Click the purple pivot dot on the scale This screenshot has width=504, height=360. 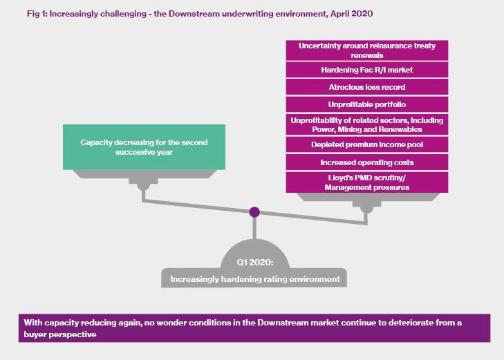click(x=254, y=212)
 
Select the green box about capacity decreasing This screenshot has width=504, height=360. click(x=144, y=147)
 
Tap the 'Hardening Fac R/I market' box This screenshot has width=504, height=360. click(x=366, y=70)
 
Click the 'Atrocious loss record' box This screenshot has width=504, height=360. click(x=366, y=87)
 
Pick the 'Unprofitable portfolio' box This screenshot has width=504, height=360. click(x=366, y=105)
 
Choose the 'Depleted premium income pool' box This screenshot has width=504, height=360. click(x=366, y=145)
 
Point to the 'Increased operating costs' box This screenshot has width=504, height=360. click(x=366, y=162)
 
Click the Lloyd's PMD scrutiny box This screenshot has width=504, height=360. click(x=366, y=182)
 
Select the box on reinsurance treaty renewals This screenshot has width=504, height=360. click(x=366, y=50)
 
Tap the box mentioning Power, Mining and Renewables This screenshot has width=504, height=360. click(x=366, y=124)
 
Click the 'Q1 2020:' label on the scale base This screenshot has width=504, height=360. click(x=255, y=263)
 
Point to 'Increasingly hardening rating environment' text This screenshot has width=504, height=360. click(x=255, y=279)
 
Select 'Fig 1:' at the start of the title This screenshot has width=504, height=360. click(x=37, y=14)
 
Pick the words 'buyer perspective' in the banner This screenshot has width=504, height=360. click(x=60, y=334)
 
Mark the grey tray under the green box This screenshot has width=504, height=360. click(x=144, y=174)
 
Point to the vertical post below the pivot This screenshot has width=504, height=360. click(x=254, y=228)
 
